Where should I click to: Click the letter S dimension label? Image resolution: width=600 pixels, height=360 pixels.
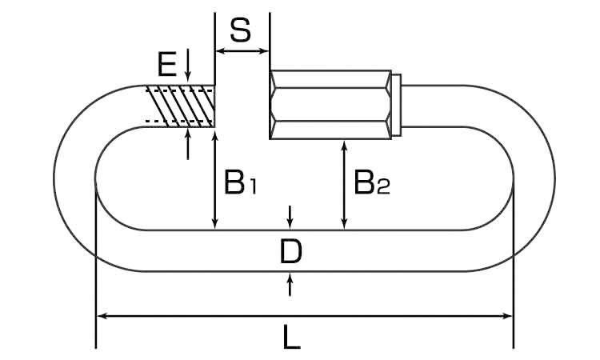[x=241, y=30]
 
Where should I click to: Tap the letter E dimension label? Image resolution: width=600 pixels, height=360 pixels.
[x=167, y=63]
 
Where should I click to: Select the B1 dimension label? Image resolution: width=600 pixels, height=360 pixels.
[x=240, y=182]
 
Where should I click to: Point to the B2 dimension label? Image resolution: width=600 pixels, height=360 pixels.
[x=371, y=182]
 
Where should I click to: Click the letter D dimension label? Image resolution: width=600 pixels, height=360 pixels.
[x=291, y=251]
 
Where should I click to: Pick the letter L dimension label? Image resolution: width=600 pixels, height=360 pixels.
[x=291, y=337]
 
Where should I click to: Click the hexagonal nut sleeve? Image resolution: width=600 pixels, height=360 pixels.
[x=330, y=105]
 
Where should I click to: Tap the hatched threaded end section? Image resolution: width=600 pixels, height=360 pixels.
[x=180, y=106]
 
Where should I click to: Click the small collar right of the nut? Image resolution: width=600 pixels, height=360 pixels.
[x=397, y=105]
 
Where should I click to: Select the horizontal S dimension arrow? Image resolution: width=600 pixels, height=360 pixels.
[x=242, y=50]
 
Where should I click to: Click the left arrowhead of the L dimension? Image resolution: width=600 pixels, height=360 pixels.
[x=102, y=316]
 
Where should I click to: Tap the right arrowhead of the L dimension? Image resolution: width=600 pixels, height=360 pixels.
[x=507, y=316]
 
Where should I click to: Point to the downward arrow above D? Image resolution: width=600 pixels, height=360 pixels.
[x=290, y=218]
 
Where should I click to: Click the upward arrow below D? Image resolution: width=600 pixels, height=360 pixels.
[x=290, y=284]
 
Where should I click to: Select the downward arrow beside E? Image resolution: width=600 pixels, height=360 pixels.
[x=188, y=65]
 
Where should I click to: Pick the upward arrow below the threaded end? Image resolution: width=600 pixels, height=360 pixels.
[x=188, y=144]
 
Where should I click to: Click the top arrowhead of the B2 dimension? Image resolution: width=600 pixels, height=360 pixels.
[x=345, y=146]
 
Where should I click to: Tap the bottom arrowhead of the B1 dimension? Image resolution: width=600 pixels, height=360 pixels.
[x=214, y=225]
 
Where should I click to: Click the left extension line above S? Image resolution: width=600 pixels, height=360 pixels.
[x=214, y=49]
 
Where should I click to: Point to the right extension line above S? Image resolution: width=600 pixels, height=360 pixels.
[x=270, y=42]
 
